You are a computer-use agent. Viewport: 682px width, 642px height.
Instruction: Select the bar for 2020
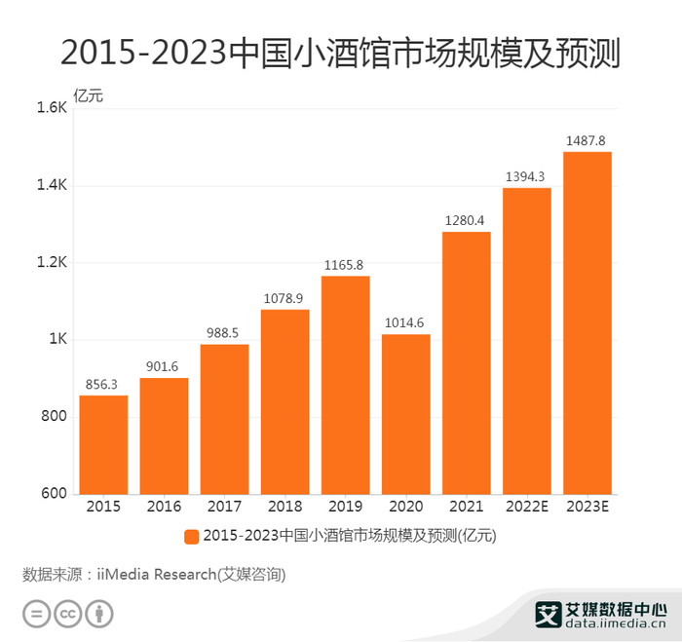(405, 414)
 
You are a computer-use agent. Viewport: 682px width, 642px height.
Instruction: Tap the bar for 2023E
(587, 322)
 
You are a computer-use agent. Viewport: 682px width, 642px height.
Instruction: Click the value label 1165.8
(345, 264)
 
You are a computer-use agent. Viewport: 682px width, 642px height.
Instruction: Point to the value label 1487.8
(587, 140)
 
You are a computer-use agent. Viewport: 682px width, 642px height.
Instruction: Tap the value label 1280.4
(466, 220)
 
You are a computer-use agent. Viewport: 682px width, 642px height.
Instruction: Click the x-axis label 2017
(224, 507)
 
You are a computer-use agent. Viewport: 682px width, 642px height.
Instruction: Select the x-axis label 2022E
(526, 507)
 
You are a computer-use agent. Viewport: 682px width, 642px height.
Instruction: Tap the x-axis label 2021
(466, 507)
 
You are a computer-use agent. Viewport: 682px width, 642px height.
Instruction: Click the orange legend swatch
(191, 536)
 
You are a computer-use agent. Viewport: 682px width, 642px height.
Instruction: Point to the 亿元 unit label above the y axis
(88, 96)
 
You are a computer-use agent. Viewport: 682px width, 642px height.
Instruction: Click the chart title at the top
(340, 52)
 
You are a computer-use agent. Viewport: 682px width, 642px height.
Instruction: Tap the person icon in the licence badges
(100, 614)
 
